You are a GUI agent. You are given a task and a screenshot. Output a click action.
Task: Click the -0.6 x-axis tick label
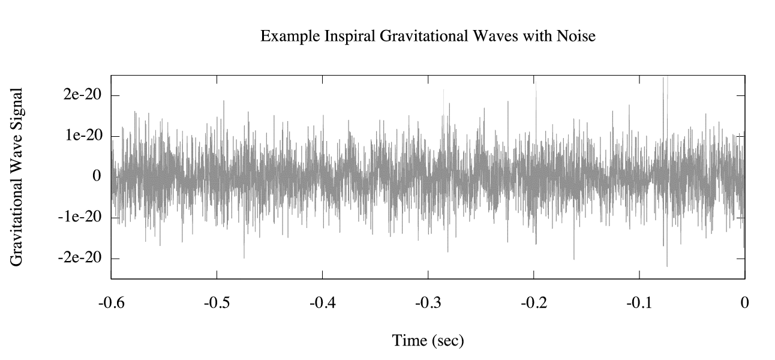pos(112,302)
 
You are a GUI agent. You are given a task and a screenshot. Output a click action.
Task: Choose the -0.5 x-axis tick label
pos(217,302)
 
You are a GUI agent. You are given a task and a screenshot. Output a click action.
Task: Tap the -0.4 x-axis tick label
pos(323,302)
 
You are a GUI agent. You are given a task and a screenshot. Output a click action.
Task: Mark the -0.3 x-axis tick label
pos(428,302)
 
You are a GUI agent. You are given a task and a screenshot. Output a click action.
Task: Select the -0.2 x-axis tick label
pos(534,302)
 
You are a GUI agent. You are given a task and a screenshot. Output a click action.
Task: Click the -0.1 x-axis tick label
pos(639,302)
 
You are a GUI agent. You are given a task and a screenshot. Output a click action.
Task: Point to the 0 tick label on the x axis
pos(745,302)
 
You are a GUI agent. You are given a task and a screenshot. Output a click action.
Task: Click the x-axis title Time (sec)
pos(428,341)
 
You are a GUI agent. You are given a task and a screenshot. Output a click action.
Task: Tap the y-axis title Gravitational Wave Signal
pos(17,177)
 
